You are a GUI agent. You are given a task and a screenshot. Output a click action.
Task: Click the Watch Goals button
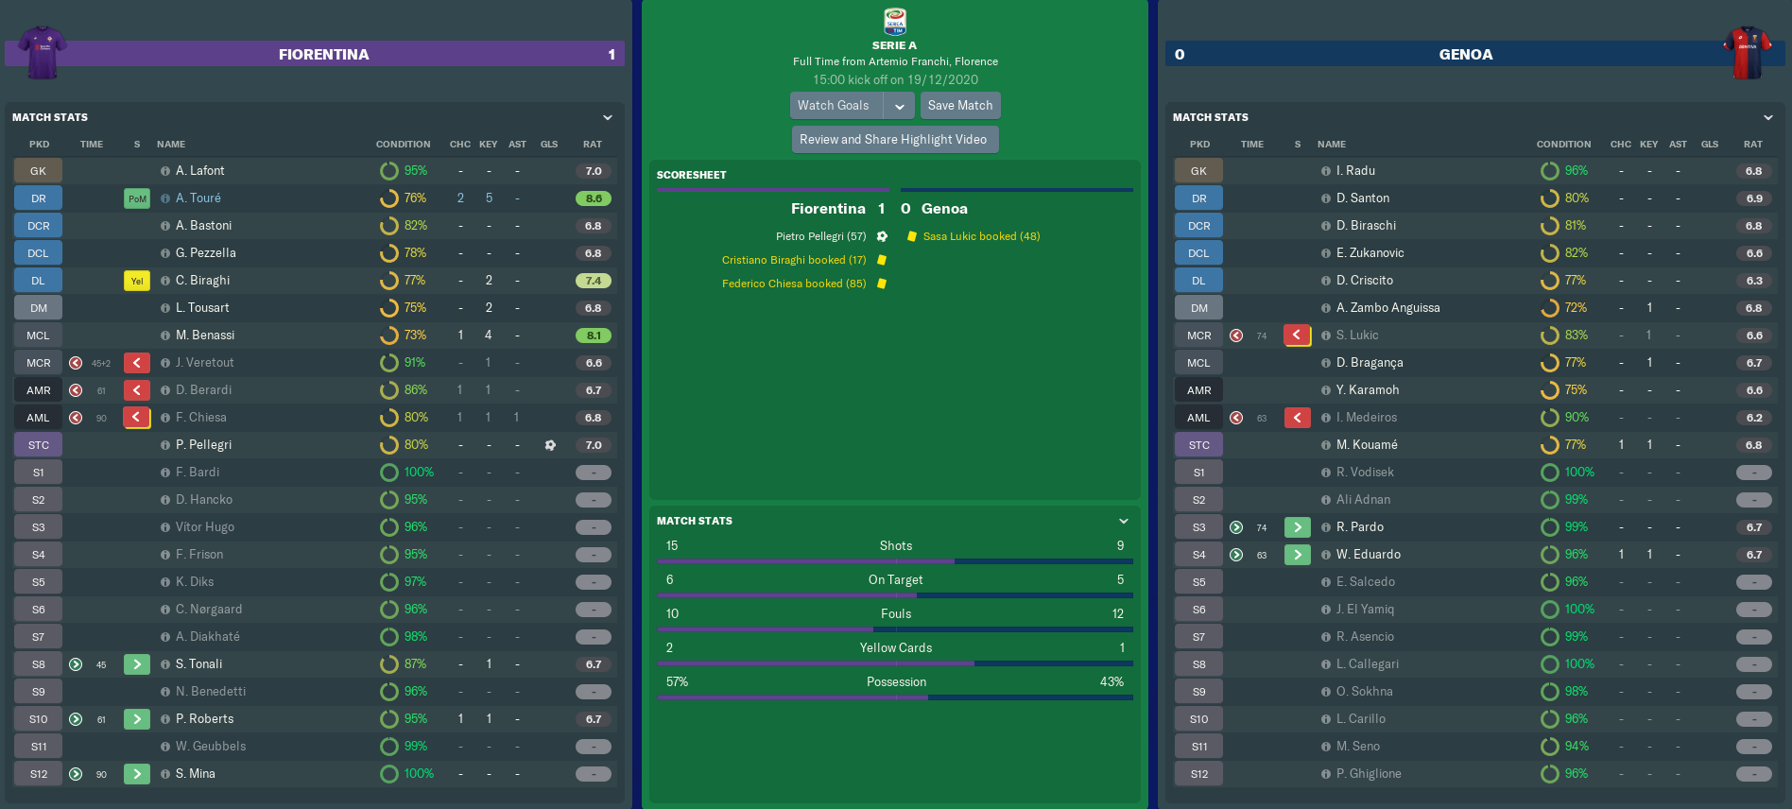(x=835, y=106)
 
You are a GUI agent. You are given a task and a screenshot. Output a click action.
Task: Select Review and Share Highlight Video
(x=893, y=140)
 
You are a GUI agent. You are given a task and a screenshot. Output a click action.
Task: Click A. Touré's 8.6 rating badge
(x=594, y=198)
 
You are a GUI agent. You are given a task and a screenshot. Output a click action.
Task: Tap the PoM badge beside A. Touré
(x=137, y=198)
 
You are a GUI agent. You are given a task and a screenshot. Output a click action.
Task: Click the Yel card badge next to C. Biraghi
(x=137, y=281)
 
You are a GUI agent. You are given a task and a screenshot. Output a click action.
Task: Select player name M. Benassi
(x=205, y=336)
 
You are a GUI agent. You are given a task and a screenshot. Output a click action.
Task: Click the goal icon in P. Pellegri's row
(x=550, y=445)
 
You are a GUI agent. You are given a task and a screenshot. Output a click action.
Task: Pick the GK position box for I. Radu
(x=1198, y=171)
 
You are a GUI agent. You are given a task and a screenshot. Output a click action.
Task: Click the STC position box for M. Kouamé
(x=1198, y=445)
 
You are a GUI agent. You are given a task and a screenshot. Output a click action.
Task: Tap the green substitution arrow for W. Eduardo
(x=1297, y=555)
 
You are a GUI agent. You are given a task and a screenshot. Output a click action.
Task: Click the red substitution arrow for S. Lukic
(x=1297, y=336)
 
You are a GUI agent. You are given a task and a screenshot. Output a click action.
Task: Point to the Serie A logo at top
(x=894, y=22)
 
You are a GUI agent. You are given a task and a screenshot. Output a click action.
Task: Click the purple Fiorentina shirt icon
(x=43, y=52)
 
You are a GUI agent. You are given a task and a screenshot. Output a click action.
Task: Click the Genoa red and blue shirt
(x=1748, y=52)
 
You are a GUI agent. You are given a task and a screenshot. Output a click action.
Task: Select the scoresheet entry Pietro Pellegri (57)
(x=820, y=236)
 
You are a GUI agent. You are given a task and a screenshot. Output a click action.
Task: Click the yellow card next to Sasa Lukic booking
(x=911, y=236)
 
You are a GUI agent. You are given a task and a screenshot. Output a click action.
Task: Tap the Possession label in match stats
(x=896, y=682)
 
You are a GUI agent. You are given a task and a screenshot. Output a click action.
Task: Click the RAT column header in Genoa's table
(x=1753, y=145)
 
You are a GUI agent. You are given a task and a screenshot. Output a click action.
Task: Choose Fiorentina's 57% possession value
(x=677, y=682)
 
